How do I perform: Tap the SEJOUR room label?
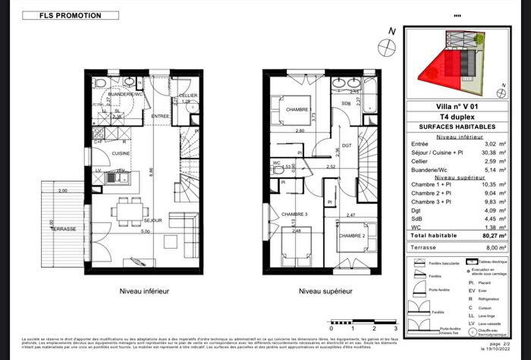coord(155,221)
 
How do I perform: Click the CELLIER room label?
coord(188,95)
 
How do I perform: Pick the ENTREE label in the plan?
coord(160,116)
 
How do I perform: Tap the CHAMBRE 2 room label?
coord(353,236)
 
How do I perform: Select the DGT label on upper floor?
coord(348,144)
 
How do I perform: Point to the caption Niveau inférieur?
coord(143,291)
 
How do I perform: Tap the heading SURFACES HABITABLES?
coord(456,127)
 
